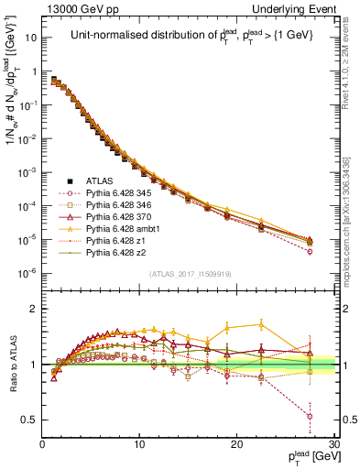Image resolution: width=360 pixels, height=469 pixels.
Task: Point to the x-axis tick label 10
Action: pyautogui.click(x=139, y=445)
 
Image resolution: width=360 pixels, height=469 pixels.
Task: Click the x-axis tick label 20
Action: pyautogui.click(x=237, y=445)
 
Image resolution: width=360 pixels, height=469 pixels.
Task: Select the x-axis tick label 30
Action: pyautogui.click(x=333, y=445)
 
